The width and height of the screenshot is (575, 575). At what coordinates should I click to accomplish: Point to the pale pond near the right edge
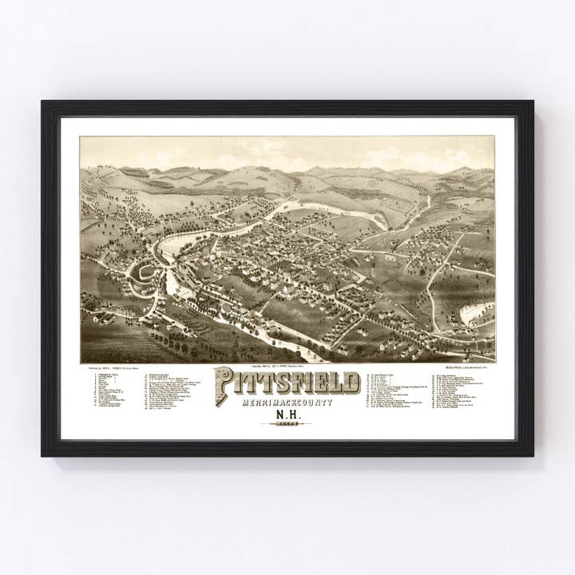[x=476, y=312]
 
